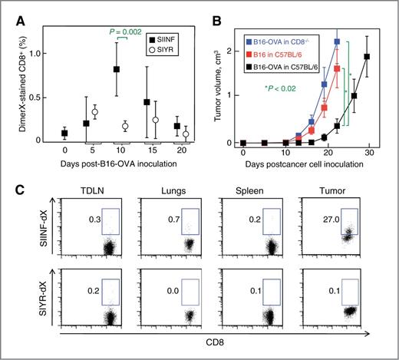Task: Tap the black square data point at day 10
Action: (116, 69)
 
